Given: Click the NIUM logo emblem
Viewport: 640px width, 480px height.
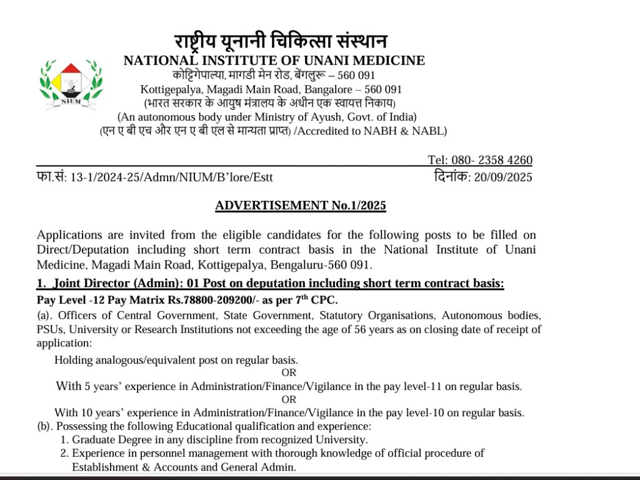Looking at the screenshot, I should (71, 84).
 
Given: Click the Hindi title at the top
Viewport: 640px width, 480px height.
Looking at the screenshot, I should (281, 42).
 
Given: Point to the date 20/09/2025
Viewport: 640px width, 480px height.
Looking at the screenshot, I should (503, 177).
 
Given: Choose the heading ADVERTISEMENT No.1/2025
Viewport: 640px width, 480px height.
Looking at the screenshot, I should (301, 205).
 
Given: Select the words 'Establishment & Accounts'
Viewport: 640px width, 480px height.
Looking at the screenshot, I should (134, 467).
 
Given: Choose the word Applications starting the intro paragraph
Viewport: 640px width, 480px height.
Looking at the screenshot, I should (69, 235).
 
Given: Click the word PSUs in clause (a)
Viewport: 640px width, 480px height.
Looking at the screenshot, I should (49, 329).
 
